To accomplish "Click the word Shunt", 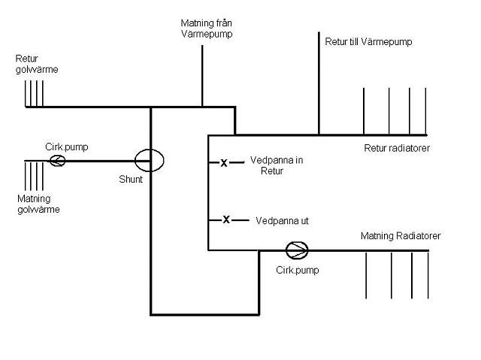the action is point(131,179).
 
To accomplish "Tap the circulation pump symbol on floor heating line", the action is point(57,160).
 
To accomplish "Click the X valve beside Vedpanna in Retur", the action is point(224,163).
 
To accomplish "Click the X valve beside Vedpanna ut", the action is point(226,219).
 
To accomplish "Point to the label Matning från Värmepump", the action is point(207,29).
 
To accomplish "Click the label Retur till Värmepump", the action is point(368,41).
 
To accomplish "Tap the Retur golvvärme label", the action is point(37,64).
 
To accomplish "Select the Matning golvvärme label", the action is point(38,204).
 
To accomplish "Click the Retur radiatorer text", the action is point(397,148).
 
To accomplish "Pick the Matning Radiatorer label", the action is point(401,236).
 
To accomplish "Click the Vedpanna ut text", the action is point(282,221).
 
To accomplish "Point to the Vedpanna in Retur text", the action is point(277,165).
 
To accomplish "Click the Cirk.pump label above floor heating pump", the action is point(67,147).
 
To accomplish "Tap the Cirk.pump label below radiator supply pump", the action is point(298,270).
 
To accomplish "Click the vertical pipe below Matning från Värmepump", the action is point(202,76).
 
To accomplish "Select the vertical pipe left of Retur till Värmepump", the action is point(319,83).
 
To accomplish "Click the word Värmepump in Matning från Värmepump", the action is point(207,34).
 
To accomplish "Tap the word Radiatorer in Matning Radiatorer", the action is point(419,236).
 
